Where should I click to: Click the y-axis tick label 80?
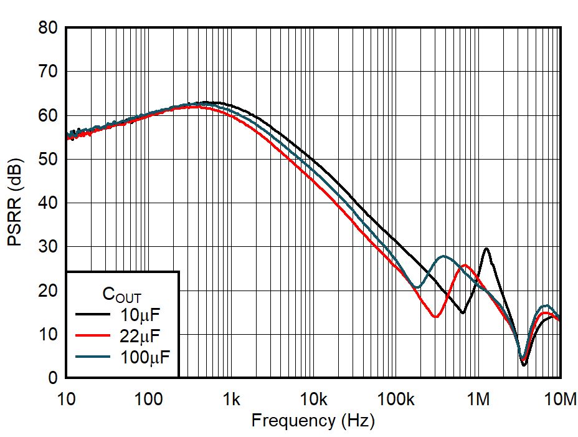point(47,28)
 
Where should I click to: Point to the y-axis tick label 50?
point(47,160)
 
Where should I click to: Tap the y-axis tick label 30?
point(47,247)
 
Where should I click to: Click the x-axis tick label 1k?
point(231,398)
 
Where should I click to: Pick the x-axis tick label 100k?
point(396,398)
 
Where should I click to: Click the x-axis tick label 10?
point(66,398)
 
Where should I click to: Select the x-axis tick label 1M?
point(478,398)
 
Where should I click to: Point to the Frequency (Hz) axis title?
point(313,421)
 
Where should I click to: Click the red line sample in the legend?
point(92,335)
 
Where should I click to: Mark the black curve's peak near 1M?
point(486,248)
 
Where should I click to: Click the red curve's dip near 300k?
point(435,317)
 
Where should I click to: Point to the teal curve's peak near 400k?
point(443,256)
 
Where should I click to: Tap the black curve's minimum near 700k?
point(462,312)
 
